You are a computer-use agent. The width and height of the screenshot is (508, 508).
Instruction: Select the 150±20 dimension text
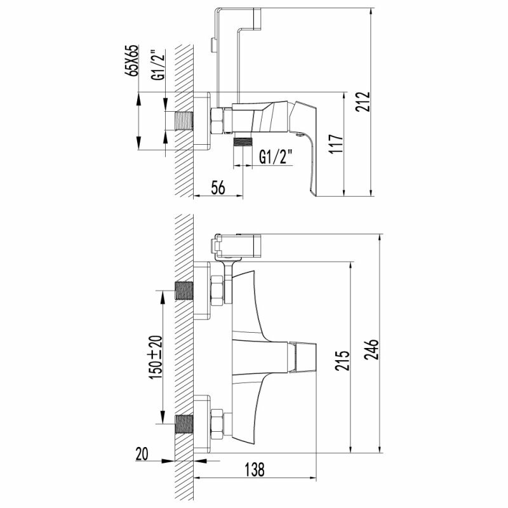154,358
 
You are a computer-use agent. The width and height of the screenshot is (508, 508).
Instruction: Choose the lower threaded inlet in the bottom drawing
184,424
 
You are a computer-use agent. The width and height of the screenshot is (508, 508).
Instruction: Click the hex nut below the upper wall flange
217,290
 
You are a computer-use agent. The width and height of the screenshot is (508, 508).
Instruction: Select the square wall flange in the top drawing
202,121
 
